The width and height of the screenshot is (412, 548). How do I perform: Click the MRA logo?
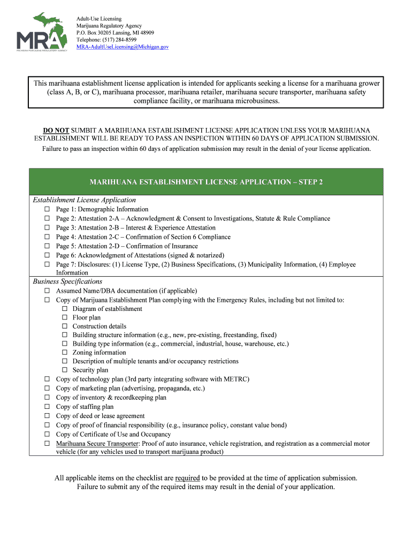point(42,33)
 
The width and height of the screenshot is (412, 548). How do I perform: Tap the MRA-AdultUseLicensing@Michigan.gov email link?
point(123,47)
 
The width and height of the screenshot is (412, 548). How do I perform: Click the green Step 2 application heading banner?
point(206,182)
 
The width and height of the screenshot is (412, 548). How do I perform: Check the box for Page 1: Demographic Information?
point(47,209)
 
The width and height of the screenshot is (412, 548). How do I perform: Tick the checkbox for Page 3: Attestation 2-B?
point(47,228)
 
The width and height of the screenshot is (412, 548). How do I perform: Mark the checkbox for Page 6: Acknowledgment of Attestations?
point(47,255)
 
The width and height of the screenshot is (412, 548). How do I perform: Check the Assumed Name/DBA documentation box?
point(47,291)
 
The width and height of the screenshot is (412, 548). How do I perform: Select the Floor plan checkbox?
point(64,317)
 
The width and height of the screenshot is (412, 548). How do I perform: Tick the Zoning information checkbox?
point(64,353)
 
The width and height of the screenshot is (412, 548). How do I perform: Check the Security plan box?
point(64,370)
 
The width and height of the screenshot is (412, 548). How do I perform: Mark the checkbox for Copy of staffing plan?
point(47,407)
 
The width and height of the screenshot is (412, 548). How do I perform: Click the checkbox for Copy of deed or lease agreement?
point(47,416)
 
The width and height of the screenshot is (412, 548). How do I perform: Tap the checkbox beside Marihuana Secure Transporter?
point(47,444)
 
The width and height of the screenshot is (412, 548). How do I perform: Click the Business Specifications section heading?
point(67,281)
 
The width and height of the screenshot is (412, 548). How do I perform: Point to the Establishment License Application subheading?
point(84,200)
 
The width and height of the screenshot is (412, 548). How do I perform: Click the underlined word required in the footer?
point(187,478)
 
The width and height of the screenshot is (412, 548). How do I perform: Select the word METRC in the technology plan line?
point(235,379)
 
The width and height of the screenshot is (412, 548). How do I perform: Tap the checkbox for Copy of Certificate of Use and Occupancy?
point(47,435)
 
